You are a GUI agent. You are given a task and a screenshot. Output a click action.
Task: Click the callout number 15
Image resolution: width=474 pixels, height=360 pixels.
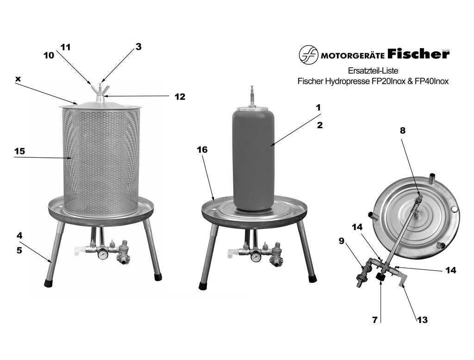point(19,151)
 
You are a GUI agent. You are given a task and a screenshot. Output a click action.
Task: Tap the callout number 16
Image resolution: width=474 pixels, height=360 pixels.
point(202,149)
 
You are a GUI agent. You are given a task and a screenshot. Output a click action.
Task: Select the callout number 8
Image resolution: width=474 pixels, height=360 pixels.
point(403,130)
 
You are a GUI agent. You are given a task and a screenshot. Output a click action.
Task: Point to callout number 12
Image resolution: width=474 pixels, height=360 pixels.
point(180,97)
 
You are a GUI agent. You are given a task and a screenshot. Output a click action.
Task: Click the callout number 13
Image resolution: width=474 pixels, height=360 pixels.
point(422,320)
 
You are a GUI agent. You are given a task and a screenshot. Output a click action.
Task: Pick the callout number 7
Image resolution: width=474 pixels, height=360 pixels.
point(375,320)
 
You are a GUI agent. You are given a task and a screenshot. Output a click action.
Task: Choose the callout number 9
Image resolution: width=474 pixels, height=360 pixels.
point(342,241)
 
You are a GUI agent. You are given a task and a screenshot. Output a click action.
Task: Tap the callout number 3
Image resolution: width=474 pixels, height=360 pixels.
point(138,47)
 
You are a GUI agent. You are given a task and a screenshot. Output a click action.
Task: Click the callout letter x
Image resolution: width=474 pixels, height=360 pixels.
point(18,79)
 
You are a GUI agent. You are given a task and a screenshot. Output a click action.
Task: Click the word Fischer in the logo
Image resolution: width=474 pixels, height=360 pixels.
point(418,54)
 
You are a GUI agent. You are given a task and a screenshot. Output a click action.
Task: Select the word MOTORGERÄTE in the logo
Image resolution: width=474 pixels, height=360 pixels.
point(352,56)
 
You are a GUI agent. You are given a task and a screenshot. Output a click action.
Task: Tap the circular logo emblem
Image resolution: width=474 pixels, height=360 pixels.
point(309,55)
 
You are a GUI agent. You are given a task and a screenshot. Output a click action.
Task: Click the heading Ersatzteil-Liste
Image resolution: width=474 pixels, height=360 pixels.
point(373,71)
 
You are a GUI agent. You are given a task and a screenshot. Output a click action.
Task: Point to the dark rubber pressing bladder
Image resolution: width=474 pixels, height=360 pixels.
point(254,159)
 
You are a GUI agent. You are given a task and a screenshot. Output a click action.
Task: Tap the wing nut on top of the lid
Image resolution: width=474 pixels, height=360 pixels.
point(100,89)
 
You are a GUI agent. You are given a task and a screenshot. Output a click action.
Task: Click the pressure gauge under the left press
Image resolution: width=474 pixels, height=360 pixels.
point(103,254)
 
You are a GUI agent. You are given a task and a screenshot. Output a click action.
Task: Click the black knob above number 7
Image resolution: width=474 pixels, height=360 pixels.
point(380,277)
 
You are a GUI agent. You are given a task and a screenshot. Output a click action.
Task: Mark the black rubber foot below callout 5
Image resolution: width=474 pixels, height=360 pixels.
point(49,283)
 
